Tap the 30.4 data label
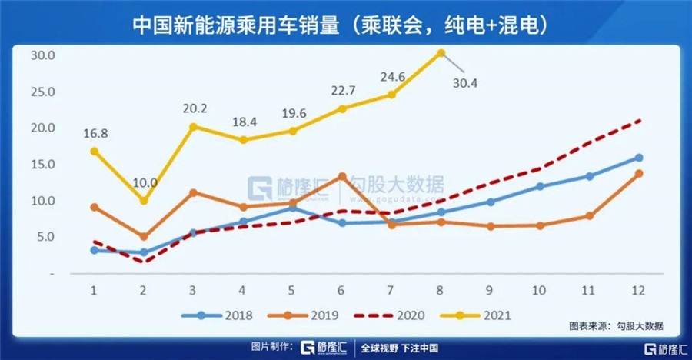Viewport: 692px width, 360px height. tap(464, 84)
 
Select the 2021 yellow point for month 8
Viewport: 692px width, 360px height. tap(441, 53)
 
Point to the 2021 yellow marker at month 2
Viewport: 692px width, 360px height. tap(143, 201)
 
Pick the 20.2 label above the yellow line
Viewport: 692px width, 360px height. tap(192, 108)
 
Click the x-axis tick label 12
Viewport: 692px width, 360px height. tap(638, 290)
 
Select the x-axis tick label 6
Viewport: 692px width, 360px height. tap(341, 290)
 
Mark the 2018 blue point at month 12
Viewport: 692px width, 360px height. tap(638, 158)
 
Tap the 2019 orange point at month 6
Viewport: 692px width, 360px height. tap(341, 176)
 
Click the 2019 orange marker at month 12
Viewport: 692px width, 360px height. tap(638, 174)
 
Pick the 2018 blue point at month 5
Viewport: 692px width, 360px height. tap(292, 208)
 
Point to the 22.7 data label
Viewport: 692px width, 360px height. tap(342, 92)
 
